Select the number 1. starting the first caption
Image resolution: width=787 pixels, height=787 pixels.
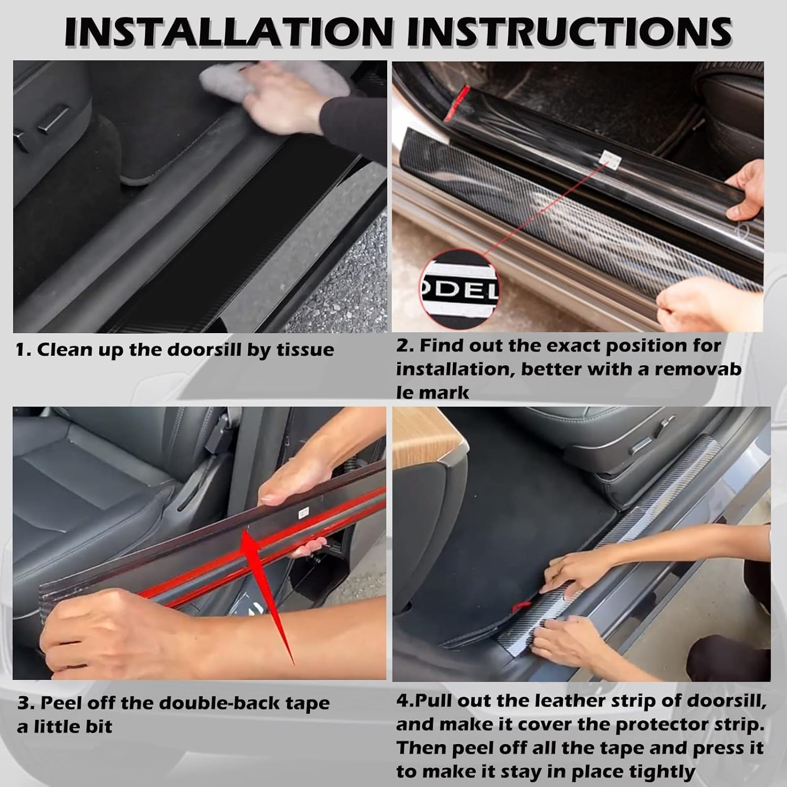23,350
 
